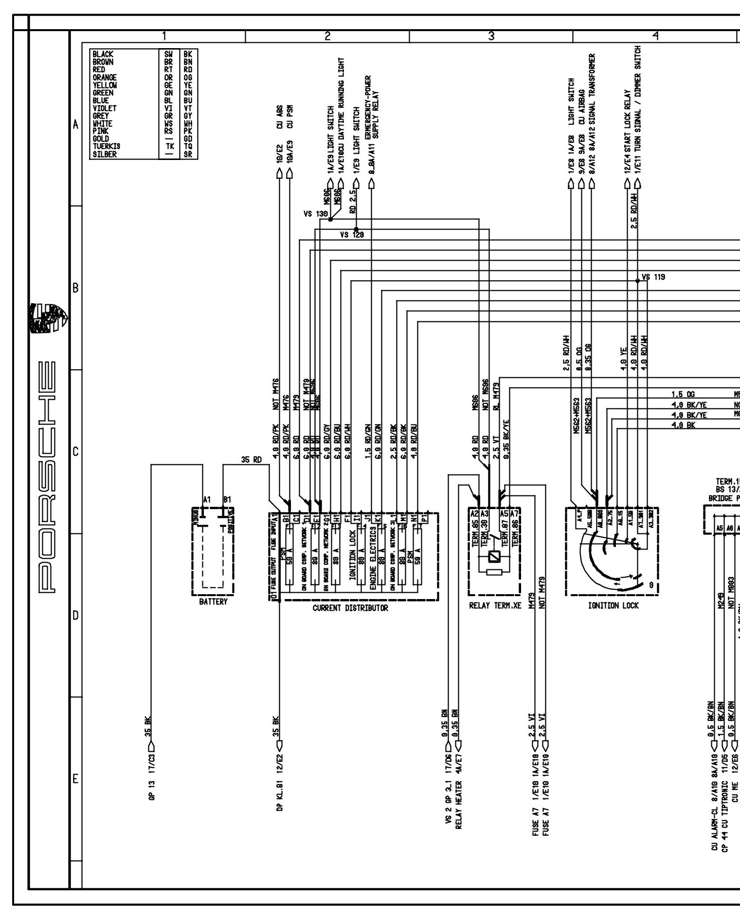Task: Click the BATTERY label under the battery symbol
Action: (x=213, y=601)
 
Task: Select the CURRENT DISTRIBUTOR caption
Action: (x=350, y=608)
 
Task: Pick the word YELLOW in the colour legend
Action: (x=103, y=85)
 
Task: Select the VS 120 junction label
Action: (x=352, y=235)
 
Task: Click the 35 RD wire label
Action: (x=252, y=459)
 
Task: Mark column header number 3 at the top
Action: (x=491, y=36)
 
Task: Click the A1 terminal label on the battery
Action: (x=207, y=499)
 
